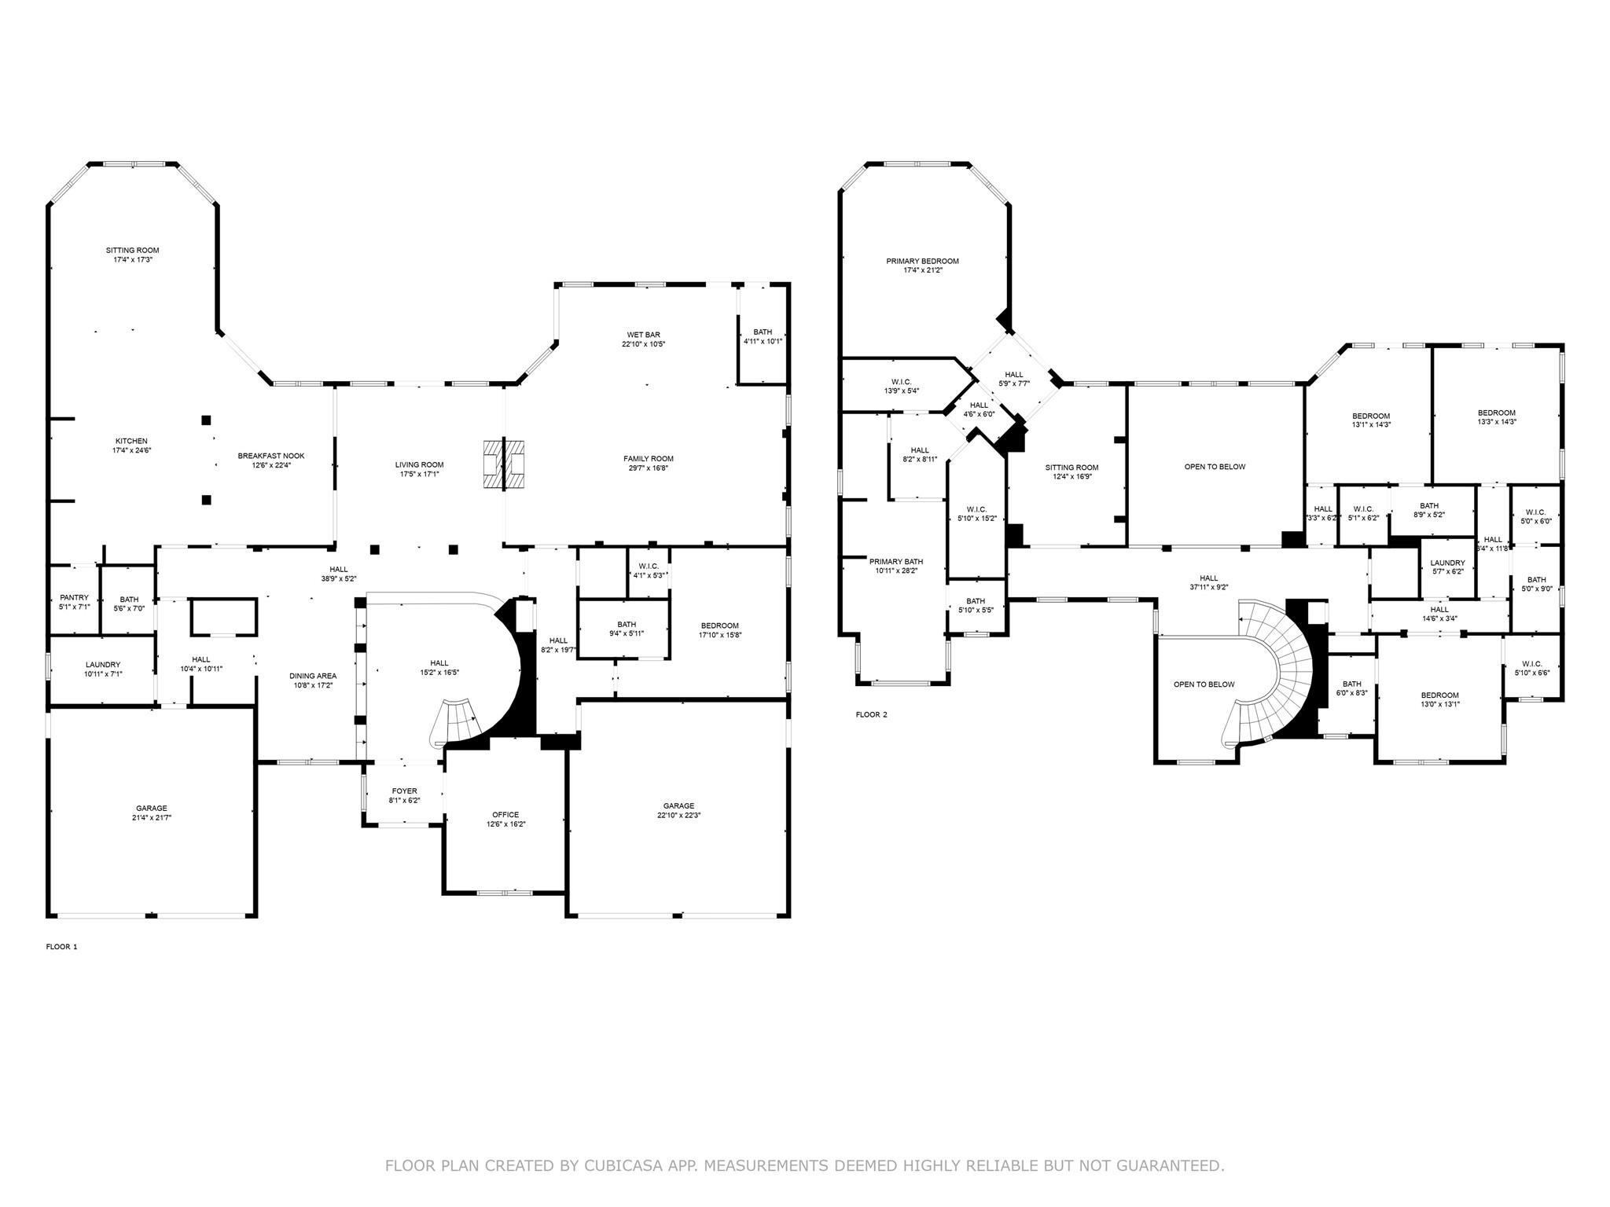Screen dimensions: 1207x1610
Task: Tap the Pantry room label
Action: point(74,597)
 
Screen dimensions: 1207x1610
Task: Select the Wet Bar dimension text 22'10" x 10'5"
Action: point(643,344)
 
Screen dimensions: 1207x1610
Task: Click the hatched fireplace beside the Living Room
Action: point(504,464)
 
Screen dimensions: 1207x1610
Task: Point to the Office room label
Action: point(505,814)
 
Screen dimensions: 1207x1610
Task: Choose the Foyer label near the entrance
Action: point(404,791)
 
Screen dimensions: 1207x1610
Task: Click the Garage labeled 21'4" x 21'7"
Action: point(151,808)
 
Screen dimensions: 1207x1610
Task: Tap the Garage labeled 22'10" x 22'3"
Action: point(678,805)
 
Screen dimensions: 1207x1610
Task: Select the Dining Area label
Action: point(313,676)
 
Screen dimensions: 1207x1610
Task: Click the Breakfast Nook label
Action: point(271,456)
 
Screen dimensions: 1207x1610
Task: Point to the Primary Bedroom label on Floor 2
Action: point(922,261)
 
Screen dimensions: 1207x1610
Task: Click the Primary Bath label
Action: point(896,561)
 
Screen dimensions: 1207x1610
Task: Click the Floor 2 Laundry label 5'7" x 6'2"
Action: point(1447,563)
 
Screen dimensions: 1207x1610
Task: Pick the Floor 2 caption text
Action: point(871,714)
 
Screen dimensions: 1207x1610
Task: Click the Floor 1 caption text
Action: point(61,947)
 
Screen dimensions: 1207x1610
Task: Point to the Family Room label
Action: point(648,458)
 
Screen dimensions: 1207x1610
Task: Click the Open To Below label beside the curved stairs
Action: point(1204,684)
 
